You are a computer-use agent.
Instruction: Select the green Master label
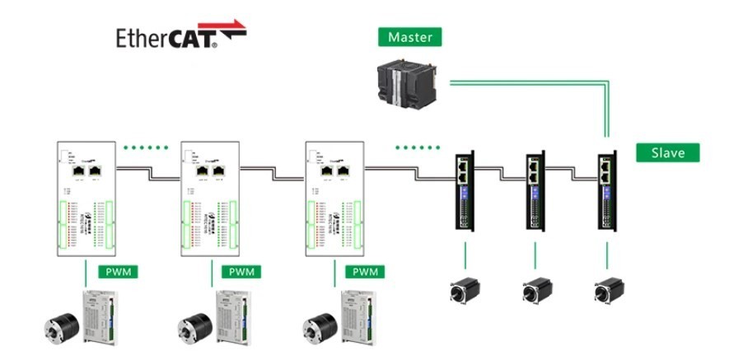tap(409, 37)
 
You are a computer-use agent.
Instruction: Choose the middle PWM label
tap(241, 272)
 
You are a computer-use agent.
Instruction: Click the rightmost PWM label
tap(366, 272)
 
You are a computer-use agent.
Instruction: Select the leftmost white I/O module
tap(86, 202)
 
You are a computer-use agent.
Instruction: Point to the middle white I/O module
tap(209, 202)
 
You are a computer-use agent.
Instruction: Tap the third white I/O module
tap(334, 202)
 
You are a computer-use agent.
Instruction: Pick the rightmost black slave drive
tap(606, 192)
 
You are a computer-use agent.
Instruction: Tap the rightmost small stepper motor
tap(606, 291)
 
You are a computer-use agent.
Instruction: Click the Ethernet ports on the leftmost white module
tap(86, 171)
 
